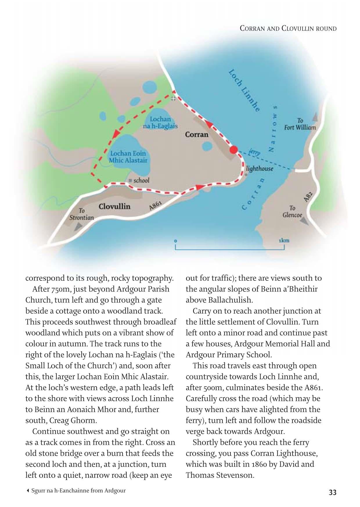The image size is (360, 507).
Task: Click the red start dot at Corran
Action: pos(234,150)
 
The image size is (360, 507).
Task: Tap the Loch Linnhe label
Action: pos(244,91)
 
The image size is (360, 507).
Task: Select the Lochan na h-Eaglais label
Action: pos(160,123)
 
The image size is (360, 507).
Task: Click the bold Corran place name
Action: pos(197,135)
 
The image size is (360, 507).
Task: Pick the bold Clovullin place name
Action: pos(114,206)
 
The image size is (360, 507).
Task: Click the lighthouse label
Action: pos(260,168)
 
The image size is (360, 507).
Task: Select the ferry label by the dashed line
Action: pos(255,152)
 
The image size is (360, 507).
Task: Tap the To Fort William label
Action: pos(300,124)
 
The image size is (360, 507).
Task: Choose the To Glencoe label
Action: pos(292,212)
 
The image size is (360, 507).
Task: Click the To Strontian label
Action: pos(82,214)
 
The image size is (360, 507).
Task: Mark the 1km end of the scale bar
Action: pos(284,241)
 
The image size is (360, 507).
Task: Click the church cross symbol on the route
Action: pos(173,98)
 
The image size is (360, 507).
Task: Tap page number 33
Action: pos(332,492)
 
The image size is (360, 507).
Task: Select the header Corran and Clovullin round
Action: pos(288,28)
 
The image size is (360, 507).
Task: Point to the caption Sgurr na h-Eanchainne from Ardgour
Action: pos(78,491)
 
